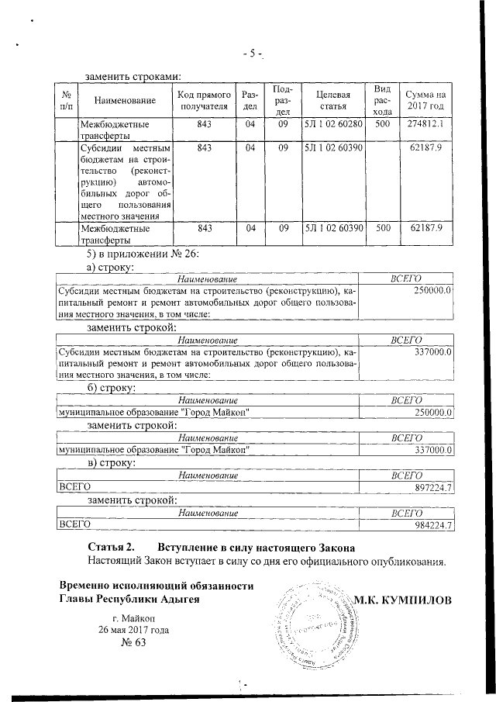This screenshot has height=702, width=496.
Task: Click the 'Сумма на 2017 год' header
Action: click(x=425, y=100)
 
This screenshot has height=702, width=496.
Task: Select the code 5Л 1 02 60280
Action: click(x=333, y=124)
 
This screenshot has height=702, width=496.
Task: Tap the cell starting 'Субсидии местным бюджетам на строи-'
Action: click(x=126, y=182)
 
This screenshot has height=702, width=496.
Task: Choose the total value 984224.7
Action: click(x=433, y=525)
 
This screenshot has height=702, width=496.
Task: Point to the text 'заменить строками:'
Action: click(x=133, y=76)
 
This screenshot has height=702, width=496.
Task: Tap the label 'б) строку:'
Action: click(x=112, y=387)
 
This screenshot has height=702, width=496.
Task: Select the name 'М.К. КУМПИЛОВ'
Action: click(x=401, y=600)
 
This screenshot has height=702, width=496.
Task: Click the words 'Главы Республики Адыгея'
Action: click(x=130, y=600)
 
